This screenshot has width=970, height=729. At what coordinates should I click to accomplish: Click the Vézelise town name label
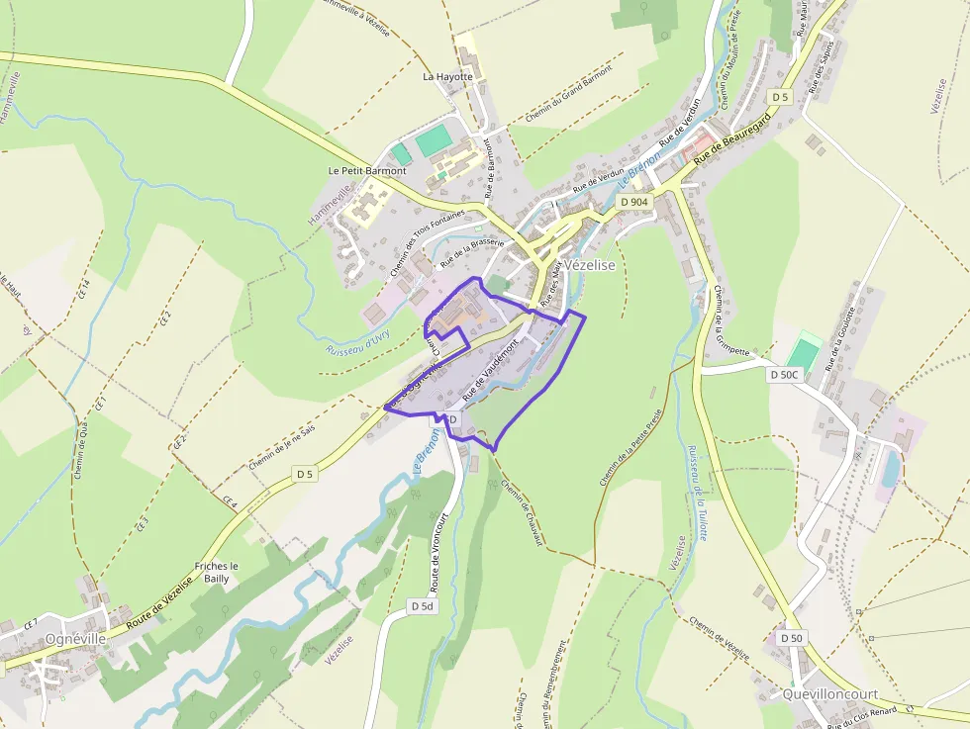pyautogui.click(x=590, y=265)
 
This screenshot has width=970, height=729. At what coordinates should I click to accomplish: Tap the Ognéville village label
pyautogui.click(x=75, y=639)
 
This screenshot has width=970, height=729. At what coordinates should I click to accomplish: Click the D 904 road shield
pyautogui.click(x=633, y=202)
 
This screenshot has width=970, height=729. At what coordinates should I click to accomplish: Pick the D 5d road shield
pyautogui.click(x=422, y=605)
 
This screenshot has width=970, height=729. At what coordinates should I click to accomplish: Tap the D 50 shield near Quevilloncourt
pyautogui.click(x=791, y=638)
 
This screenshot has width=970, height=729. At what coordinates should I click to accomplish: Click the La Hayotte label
pyautogui.click(x=448, y=76)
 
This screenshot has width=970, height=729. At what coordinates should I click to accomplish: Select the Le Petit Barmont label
pyautogui.click(x=367, y=170)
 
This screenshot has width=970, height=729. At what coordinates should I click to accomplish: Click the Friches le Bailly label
pyautogui.click(x=217, y=572)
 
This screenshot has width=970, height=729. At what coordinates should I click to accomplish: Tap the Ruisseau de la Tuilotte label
pyautogui.click(x=696, y=492)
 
